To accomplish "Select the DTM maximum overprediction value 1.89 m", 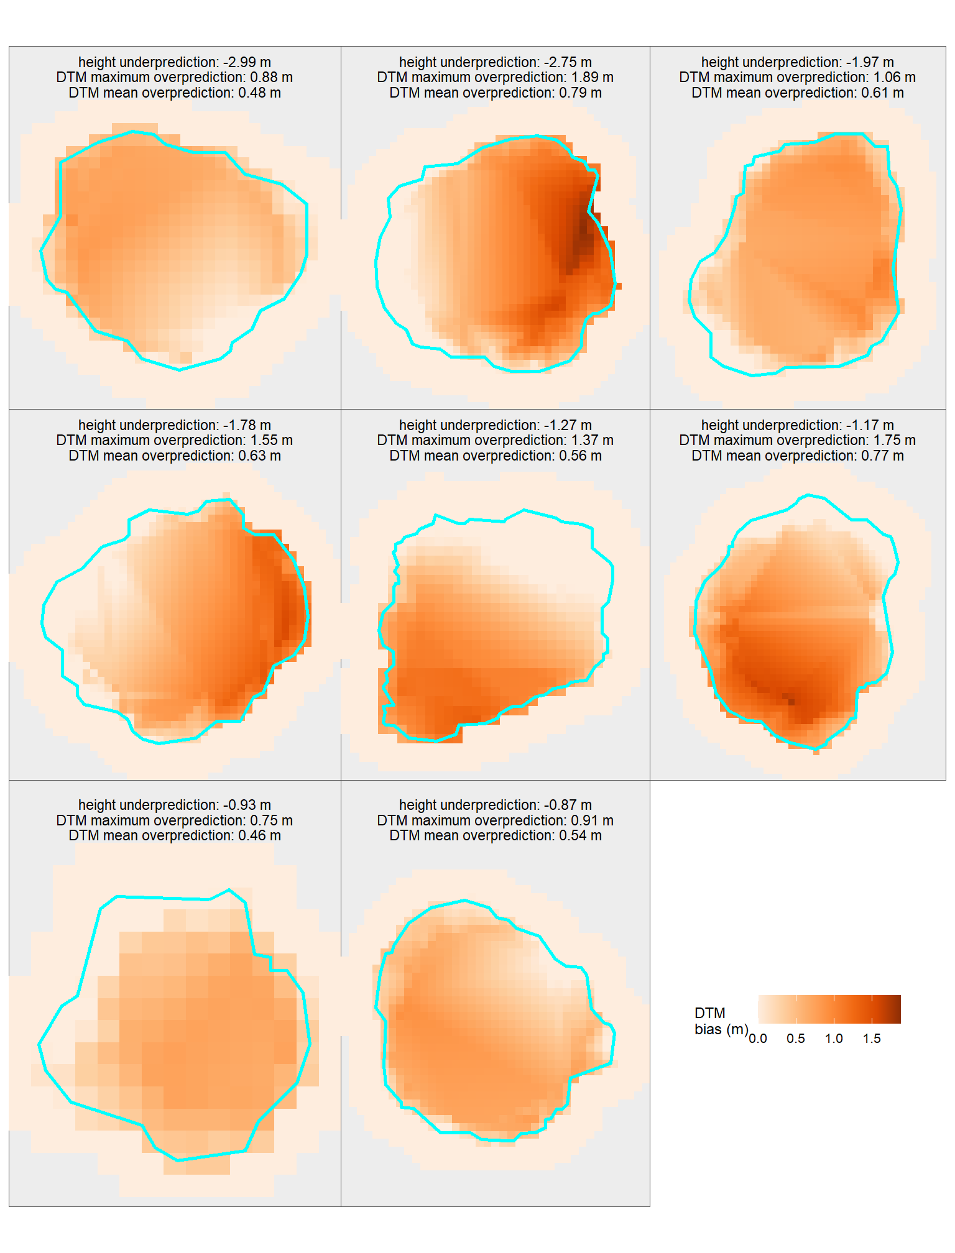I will coord(591,77).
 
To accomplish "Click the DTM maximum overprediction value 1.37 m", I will coord(591,440).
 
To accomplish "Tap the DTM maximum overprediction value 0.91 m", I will coord(591,820).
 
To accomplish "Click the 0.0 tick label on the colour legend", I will coord(757,1039).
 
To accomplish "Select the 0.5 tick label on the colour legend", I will coord(796,1039).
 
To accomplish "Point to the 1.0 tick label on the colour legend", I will coord(834,1039).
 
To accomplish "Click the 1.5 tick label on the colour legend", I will coord(872,1039).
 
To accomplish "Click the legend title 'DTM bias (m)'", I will coord(720,1021).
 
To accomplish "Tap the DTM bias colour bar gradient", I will coord(829,1009).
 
